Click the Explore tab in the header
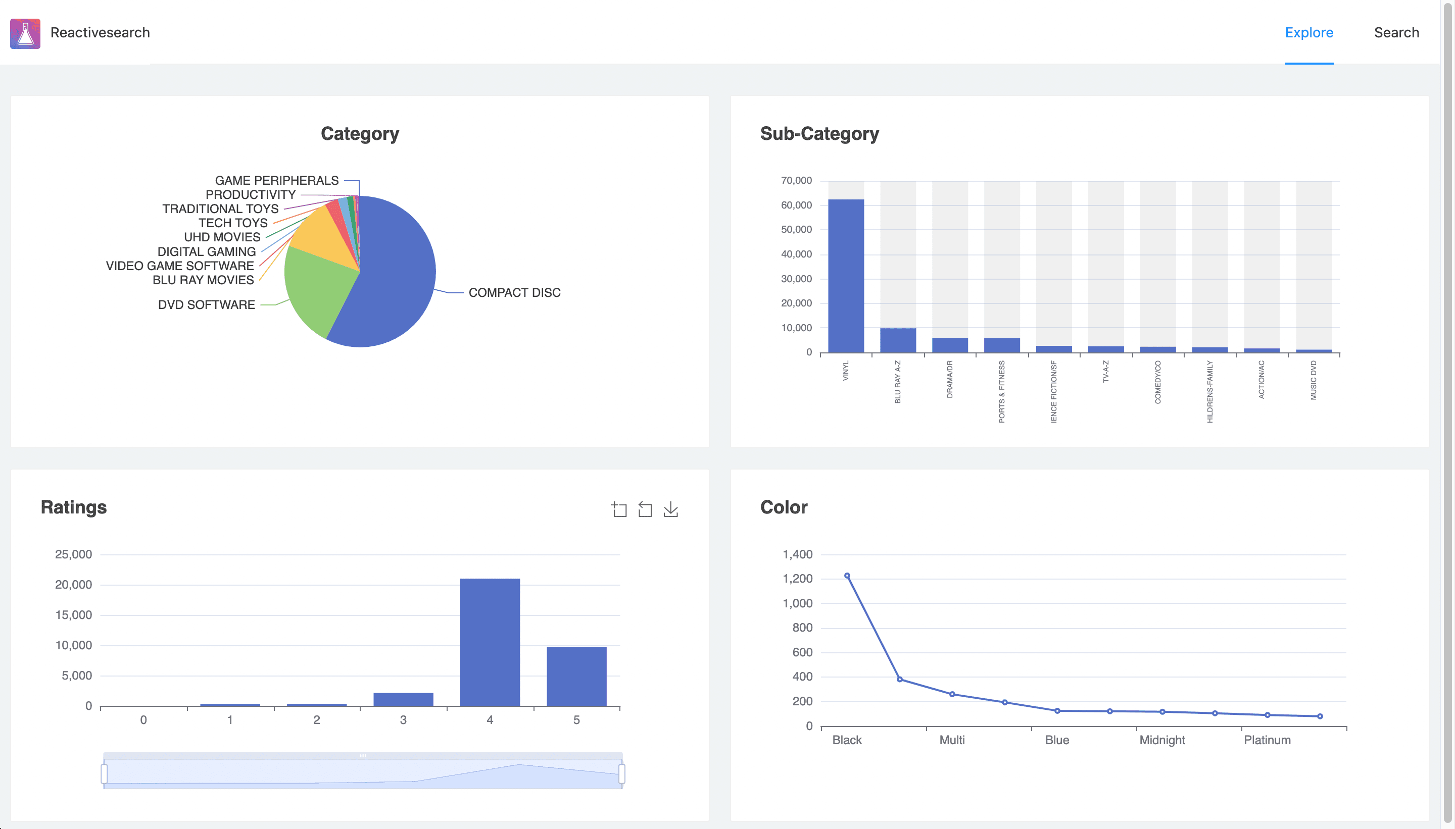1308,32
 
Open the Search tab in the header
1396,32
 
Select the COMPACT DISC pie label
514,293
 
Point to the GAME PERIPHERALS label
276,180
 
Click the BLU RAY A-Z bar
897,340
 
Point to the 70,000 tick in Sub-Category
796,180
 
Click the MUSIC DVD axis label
1313,380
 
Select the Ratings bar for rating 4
490,642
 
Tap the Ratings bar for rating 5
576,676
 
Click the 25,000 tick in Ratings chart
73,554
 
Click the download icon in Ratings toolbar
670,509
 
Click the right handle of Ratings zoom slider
621,774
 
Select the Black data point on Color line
847,576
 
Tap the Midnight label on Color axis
1161,740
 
